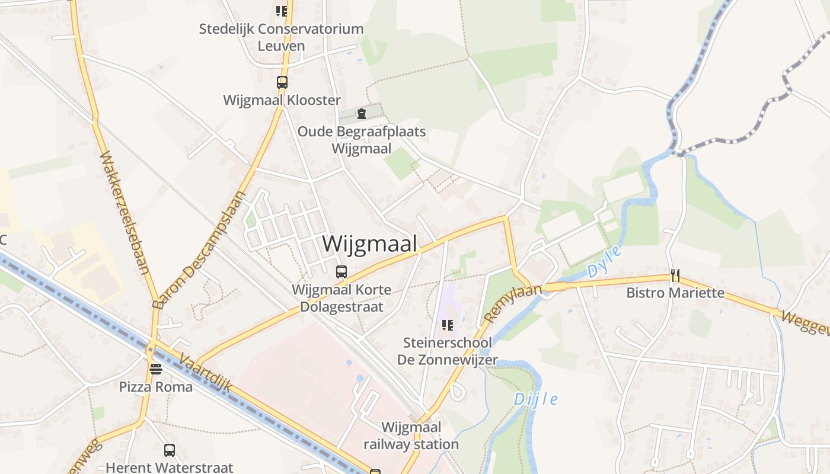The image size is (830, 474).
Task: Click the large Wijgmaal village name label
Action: (369, 244)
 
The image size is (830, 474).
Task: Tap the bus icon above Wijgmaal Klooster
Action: (282, 82)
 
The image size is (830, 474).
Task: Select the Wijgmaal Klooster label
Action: (282, 100)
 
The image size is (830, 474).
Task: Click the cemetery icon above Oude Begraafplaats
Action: (362, 114)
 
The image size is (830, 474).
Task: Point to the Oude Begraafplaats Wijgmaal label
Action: (362, 140)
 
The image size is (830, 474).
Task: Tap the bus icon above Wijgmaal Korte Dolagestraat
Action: (341, 272)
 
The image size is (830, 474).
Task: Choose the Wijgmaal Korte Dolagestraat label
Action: (341, 298)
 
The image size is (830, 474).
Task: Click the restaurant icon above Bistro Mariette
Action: (675, 276)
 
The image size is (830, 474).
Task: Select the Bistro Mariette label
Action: (675, 293)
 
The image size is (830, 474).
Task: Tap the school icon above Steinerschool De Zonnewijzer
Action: (448, 325)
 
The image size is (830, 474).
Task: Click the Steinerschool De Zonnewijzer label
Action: (448, 351)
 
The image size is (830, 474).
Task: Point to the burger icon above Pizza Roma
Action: (156, 369)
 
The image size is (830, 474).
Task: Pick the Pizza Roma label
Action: (156, 387)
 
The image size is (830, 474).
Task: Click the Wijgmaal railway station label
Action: (411, 435)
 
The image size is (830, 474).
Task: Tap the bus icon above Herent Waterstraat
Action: (170, 450)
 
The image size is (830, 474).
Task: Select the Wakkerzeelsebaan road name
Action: (124, 213)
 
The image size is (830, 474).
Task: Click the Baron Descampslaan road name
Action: (199, 250)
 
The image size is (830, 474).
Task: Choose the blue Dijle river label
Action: (535, 399)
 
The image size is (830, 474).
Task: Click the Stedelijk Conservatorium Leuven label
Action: (282, 37)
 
